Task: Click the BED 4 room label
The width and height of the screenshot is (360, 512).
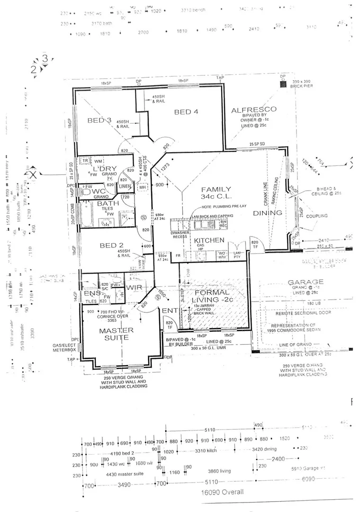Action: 186,112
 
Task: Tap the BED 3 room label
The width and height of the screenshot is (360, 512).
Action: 99,120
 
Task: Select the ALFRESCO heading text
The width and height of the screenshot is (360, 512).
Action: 253,110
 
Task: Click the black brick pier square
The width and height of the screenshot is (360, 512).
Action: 283,84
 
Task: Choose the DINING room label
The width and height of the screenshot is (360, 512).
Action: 267,213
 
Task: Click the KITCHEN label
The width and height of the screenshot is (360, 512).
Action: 209,240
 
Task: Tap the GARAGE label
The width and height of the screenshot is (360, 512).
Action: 306,282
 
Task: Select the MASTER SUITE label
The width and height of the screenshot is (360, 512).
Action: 116,334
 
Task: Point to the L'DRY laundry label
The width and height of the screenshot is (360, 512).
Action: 101,169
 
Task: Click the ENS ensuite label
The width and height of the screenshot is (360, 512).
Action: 90,294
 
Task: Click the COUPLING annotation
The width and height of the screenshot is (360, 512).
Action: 317,216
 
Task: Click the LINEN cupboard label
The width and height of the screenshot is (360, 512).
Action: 125,186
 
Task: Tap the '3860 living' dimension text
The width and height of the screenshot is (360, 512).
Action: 219,471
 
